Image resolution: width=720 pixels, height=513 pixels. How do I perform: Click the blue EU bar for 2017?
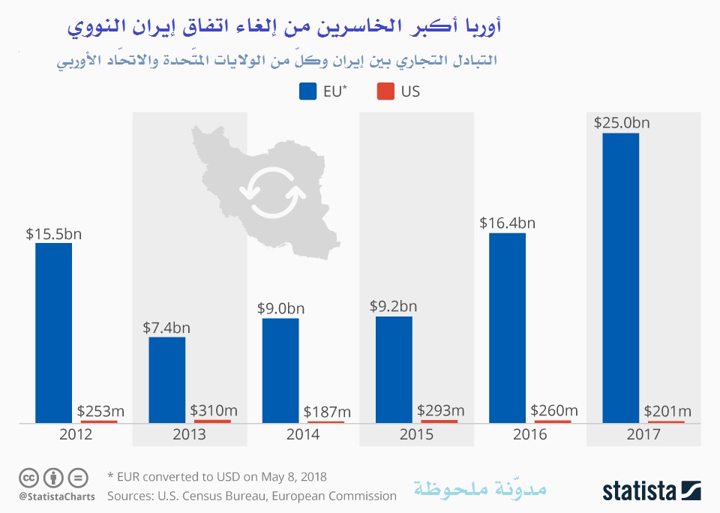pos(620,277)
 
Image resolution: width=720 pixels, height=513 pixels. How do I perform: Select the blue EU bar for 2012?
pos(53,332)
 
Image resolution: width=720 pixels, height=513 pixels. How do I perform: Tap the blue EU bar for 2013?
pos(166,379)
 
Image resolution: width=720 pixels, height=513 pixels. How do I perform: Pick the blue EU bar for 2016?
pos(507,328)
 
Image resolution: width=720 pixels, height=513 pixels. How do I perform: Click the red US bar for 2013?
pos(212,421)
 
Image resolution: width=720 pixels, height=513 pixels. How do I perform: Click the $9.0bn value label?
pos(280,307)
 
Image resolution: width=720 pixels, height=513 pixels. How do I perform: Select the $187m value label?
pos(327,411)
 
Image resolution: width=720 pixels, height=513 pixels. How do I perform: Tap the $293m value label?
pos(439,410)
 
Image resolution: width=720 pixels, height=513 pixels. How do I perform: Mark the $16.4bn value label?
pos(507,222)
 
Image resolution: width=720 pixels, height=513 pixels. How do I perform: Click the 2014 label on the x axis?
pos(303,434)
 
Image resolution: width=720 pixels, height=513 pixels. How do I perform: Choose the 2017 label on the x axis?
pos(643,434)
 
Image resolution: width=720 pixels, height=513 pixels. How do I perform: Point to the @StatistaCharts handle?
pos(56,496)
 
